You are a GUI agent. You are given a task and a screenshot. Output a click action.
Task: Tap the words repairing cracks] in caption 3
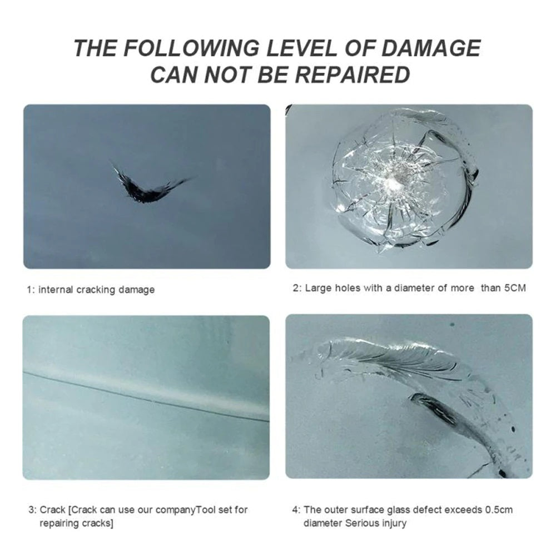(76, 523)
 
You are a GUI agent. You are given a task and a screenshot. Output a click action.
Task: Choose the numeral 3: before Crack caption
(32, 510)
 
